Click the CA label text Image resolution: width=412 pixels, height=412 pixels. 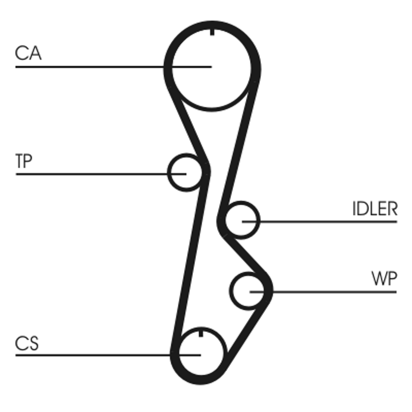click(28, 53)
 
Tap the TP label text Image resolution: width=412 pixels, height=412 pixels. click(24, 162)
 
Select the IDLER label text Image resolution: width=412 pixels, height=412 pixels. click(375, 209)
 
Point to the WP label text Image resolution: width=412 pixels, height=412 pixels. click(384, 279)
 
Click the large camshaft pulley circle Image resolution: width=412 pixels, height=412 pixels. click(212, 67)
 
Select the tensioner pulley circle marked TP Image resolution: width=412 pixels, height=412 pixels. click(185, 173)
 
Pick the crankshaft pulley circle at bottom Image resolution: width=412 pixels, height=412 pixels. click(200, 354)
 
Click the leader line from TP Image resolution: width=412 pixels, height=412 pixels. click(93, 174)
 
